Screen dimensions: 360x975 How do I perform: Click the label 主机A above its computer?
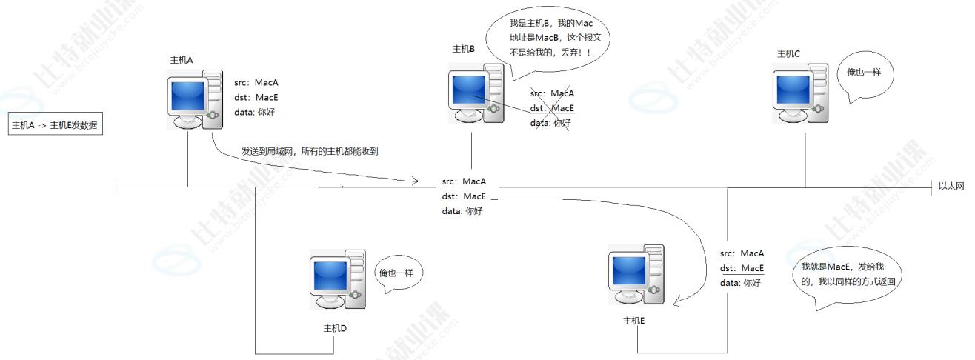tap(182, 60)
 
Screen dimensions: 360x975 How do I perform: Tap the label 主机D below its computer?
tap(336, 328)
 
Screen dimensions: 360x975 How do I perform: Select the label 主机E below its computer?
tap(634, 321)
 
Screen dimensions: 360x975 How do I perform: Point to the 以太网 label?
tap(951, 186)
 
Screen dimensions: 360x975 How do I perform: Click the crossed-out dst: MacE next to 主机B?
tap(552, 108)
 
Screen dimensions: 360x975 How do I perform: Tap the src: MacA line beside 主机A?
tap(256, 82)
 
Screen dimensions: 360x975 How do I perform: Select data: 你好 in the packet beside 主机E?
tap(740, 282)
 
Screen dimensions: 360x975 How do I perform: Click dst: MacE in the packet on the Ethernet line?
tap(464, 196)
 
